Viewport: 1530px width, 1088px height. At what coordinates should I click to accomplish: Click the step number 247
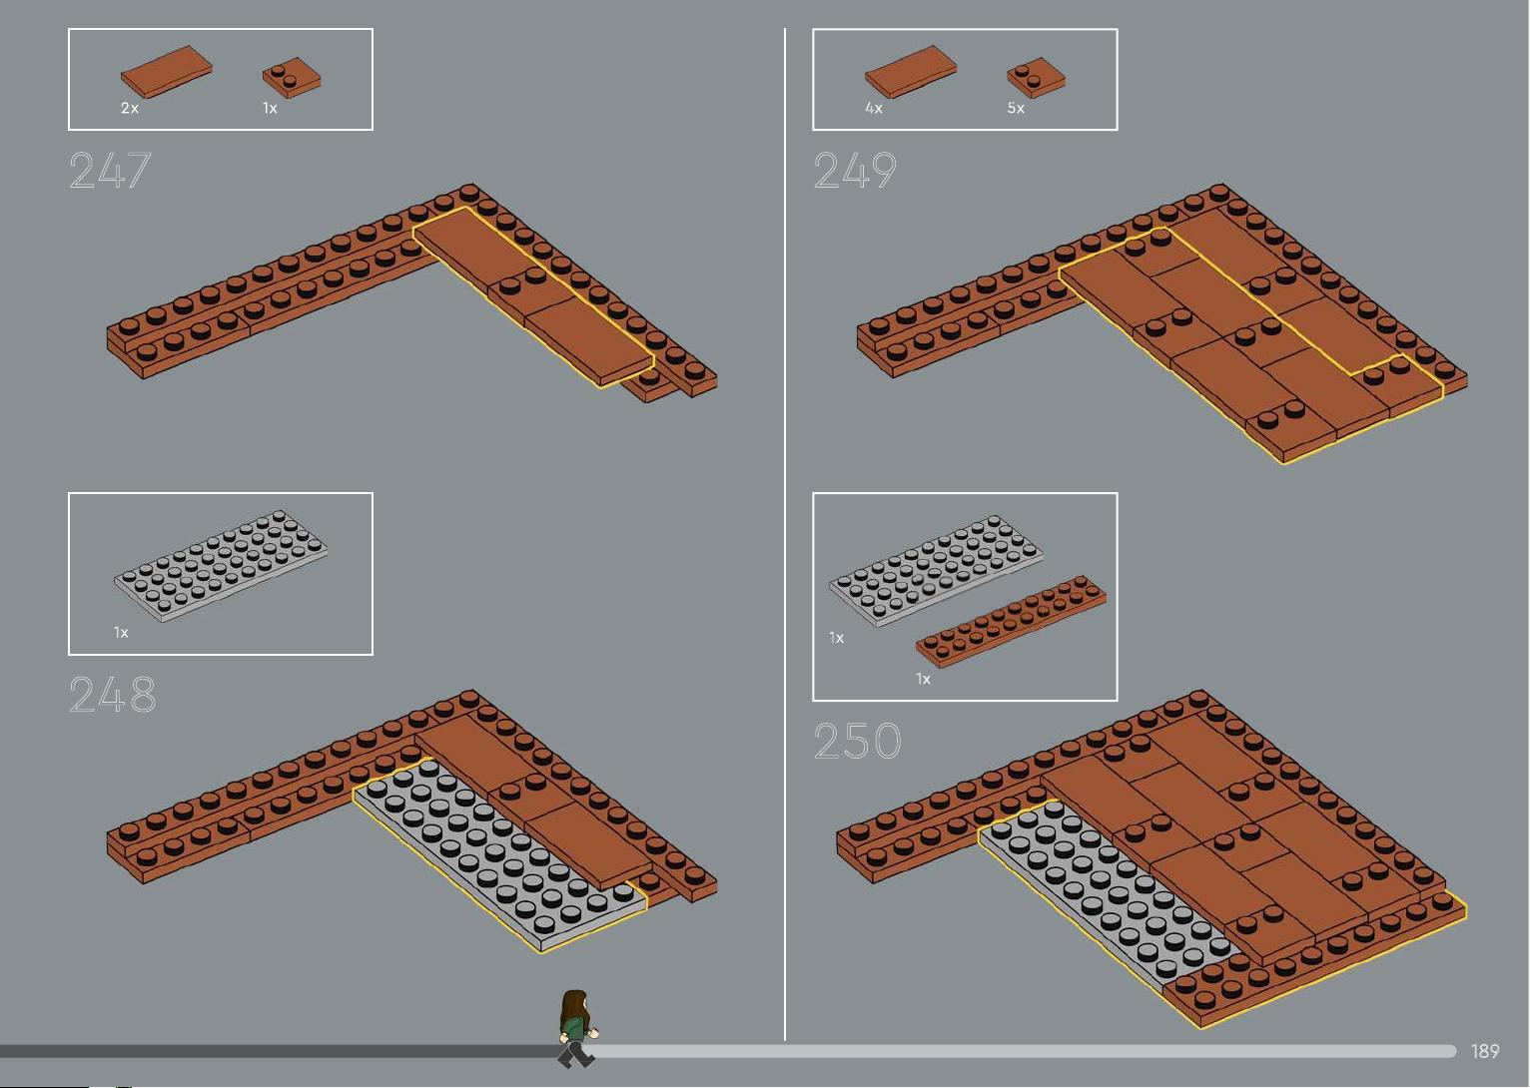(x=110, y=170)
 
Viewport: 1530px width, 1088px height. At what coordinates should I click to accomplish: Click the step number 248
(x=113, y=695)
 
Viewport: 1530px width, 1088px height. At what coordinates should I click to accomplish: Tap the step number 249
(x=855, y=170)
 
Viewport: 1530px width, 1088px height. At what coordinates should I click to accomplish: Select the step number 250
(x=858, y=741)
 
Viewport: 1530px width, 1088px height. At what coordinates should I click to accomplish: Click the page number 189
(x=1485, y=1051)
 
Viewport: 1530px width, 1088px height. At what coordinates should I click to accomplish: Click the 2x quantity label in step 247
(x=130, y=108)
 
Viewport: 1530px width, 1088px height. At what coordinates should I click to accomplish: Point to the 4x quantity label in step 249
(x=874, y=108)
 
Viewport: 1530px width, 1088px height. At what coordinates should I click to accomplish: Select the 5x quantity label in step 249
(x=1016, y=108)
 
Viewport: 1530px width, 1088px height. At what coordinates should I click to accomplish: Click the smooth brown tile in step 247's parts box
(x=166, y=72)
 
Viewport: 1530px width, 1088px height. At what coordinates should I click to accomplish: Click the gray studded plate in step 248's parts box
(x=221, y=566)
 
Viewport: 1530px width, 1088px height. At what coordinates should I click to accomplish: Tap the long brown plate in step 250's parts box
(x=1011, y=621)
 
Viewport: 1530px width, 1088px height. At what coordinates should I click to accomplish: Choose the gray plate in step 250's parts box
(x=936, y=571)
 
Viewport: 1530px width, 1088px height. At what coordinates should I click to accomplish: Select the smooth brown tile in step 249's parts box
(x=911, y=72)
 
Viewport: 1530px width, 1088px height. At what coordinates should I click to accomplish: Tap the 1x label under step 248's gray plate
(x=121, y=633)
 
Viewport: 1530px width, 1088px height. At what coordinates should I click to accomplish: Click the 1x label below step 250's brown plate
(x=923, y=679)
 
